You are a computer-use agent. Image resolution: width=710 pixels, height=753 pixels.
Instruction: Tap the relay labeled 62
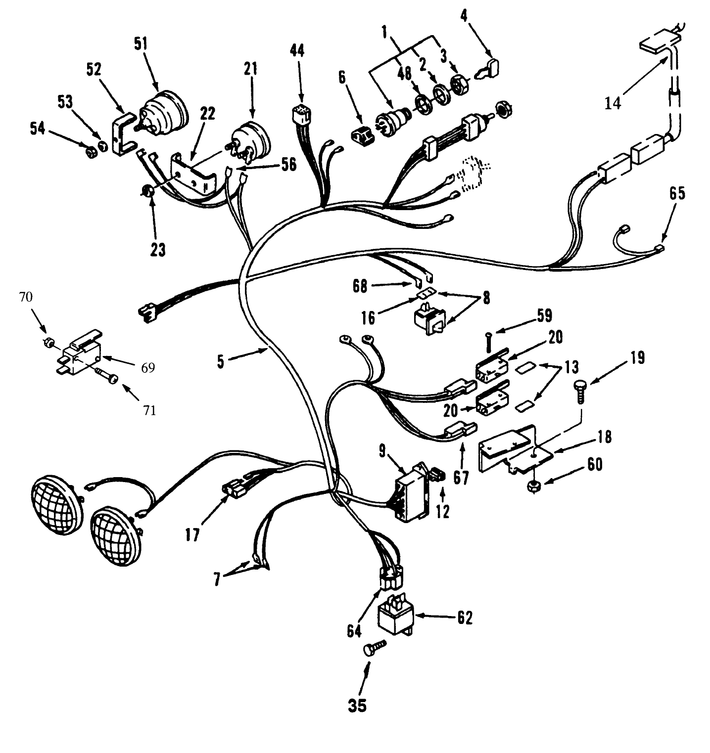pyautogui.click(x=396, y=618)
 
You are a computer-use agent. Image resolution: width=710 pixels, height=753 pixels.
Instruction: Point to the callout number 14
pyautogui.click(x=613, y=104)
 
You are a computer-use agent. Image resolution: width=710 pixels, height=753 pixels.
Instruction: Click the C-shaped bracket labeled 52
pyautogui.click(x=121, y=134)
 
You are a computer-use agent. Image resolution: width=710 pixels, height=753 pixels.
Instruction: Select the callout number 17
pyautogui.click(x=193, y=534)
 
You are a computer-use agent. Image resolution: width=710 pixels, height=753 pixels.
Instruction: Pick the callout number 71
pyautogui.click(x=149, y=410)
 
